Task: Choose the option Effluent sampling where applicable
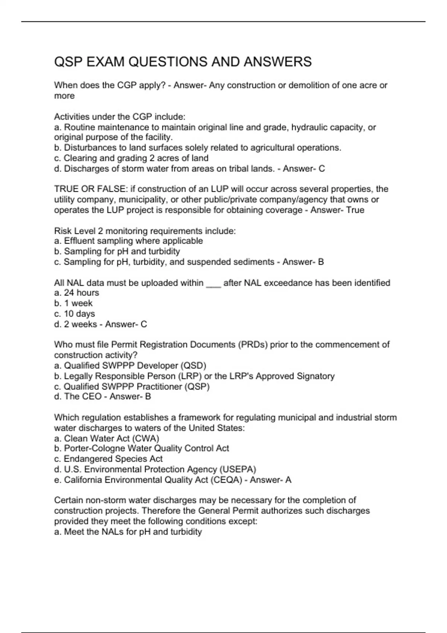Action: click(x=133, y=241)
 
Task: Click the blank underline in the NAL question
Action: click(x=213, y=283)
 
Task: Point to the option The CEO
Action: click(x=82, y=397)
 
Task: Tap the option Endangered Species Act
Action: click(x=113, y=459)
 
